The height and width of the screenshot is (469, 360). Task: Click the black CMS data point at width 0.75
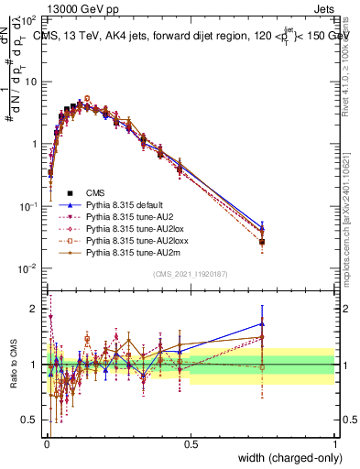[262, 243]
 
